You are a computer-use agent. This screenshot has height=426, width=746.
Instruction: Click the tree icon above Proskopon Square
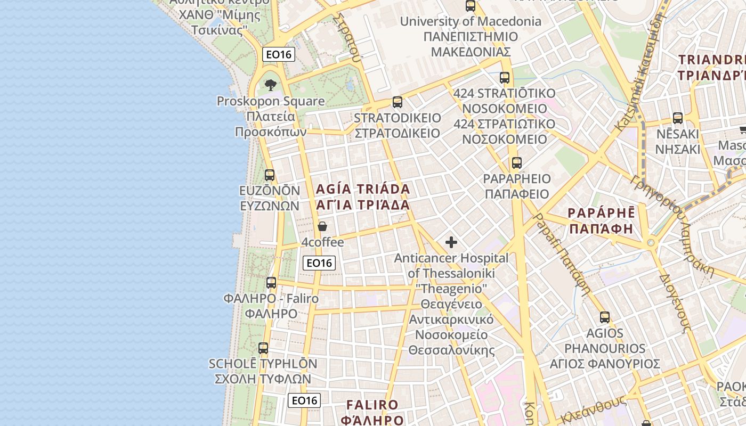pos(271,85)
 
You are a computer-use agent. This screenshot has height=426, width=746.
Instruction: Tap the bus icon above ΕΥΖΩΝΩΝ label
pos(270,175)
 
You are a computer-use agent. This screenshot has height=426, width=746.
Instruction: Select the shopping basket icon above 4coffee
pos(322,226)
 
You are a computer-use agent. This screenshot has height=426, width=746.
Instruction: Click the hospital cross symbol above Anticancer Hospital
pos(451,243)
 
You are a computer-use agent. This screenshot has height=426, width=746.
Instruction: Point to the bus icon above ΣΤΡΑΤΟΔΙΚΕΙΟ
pos(398,102)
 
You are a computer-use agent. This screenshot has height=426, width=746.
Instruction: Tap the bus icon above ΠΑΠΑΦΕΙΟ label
pos(516,163)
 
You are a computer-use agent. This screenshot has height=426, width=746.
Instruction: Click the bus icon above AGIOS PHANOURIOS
pos(605,317)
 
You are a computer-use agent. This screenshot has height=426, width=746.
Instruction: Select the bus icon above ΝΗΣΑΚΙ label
pos(678,118)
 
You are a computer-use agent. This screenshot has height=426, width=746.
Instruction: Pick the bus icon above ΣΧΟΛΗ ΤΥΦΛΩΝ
pos(263,348)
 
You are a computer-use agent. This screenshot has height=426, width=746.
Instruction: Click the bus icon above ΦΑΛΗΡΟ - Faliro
pos(271,283)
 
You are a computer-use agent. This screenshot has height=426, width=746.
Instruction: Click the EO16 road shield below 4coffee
pos(319,263)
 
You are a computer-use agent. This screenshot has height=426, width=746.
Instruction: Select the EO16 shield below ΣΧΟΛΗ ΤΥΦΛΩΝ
pos(304,400)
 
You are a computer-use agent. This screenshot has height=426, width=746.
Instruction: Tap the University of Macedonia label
pos(471,22)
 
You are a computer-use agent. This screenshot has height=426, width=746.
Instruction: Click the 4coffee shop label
pos(323,243)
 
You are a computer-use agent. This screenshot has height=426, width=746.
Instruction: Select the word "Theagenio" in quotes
pos(451,289)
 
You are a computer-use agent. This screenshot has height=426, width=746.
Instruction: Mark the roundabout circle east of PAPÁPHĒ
pos(651,243)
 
